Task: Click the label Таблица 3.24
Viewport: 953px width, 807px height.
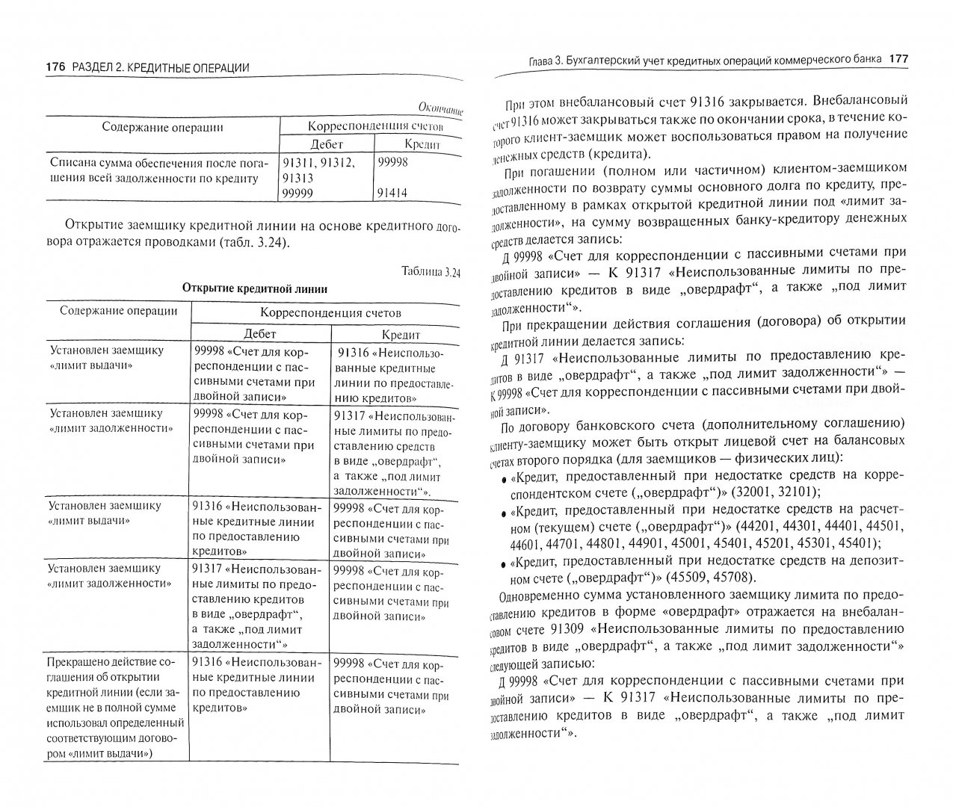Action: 430,272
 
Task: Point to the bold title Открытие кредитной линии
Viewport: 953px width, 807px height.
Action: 254,289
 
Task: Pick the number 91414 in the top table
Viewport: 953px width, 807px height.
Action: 393,193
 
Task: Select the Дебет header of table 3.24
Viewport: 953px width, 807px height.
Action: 260,334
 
